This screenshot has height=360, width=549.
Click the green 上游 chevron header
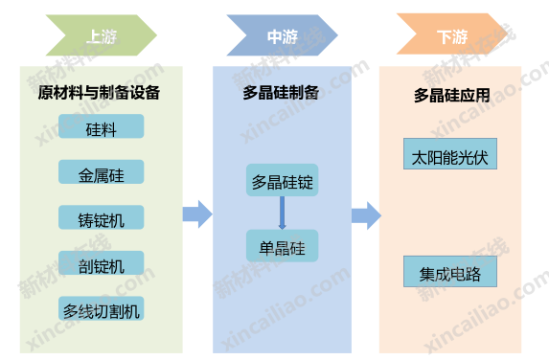pos(101,37)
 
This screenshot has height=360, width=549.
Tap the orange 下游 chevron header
pos(451,37)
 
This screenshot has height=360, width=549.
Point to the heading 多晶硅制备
pos(282,95)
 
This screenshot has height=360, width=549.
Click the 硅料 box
pos(101,126)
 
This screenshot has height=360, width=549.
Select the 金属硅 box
pos(101,172)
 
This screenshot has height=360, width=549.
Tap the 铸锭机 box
pos(101,217)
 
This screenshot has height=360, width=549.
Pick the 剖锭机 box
pos(101,263)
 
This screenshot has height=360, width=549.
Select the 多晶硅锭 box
pos(282,181)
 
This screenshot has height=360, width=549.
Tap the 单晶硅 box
pos(282,246)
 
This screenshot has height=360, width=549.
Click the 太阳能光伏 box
pos(450,155)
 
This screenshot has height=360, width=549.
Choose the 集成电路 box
pos(450,272)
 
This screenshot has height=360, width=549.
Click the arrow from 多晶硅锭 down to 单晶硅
pos(282,214)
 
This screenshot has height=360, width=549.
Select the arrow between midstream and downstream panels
pos(366,214)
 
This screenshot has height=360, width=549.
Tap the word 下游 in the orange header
pos(451,37)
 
